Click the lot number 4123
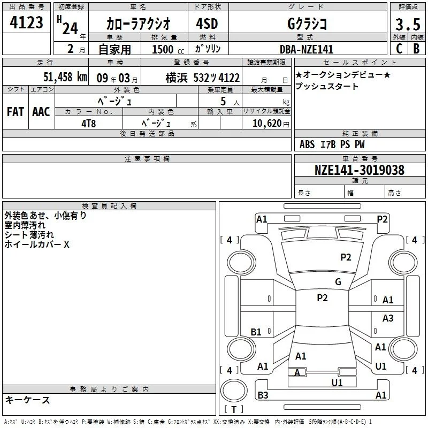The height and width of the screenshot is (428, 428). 26,22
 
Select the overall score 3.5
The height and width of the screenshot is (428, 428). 408,24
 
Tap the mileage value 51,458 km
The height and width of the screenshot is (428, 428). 65,77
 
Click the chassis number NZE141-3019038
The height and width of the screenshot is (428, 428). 360,170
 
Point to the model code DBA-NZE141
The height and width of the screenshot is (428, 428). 307,49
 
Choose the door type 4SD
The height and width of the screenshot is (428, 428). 207,24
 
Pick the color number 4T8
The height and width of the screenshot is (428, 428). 89,124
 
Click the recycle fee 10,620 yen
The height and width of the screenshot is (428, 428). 271,124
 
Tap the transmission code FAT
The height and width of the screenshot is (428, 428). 16,112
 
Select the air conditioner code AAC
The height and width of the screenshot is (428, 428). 41,112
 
